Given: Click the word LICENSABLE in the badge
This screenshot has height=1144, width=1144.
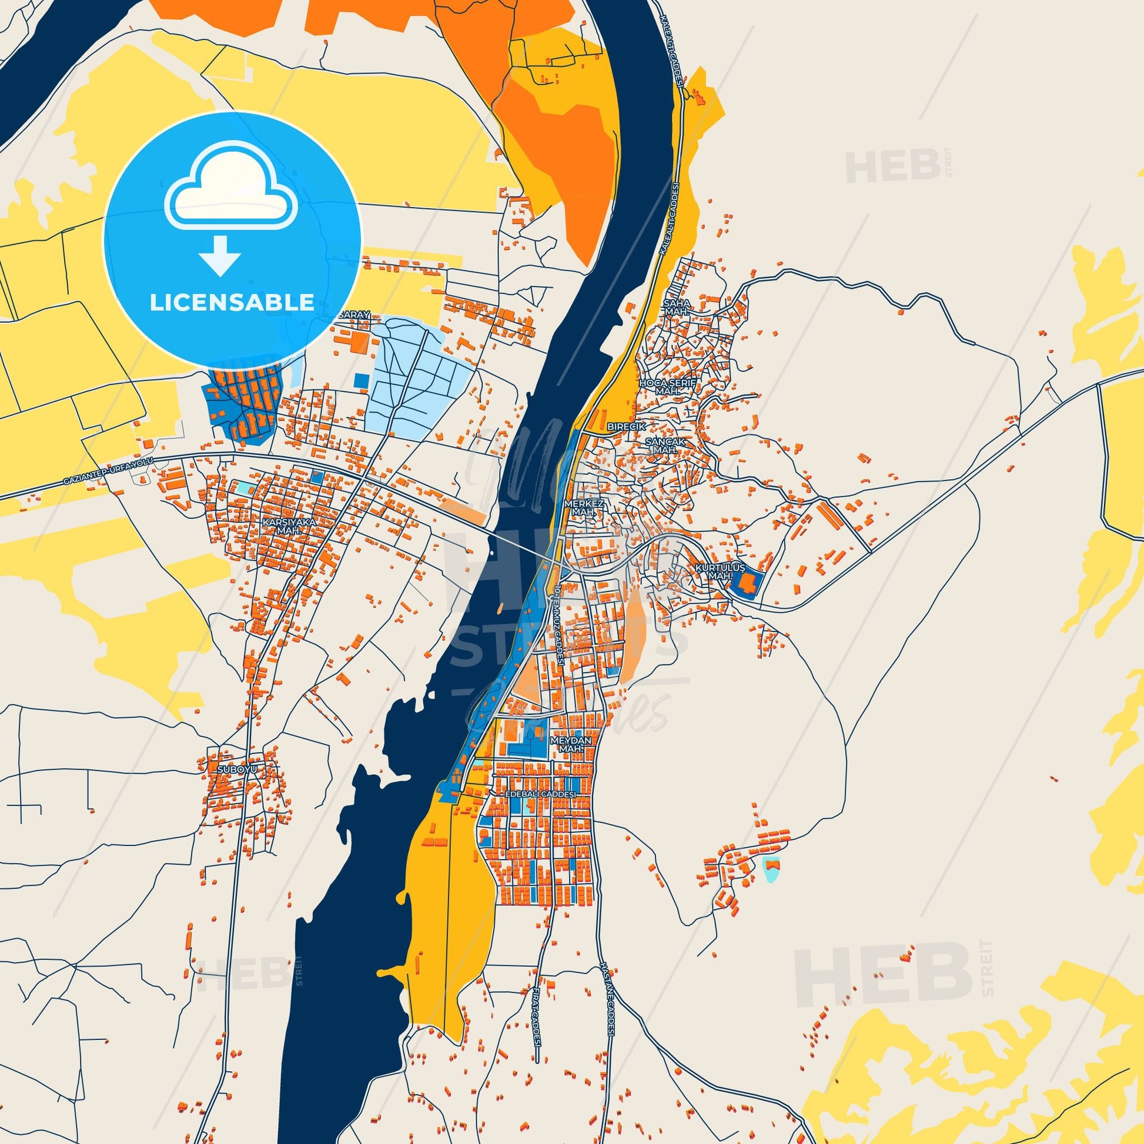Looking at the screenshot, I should coord(232,303).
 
